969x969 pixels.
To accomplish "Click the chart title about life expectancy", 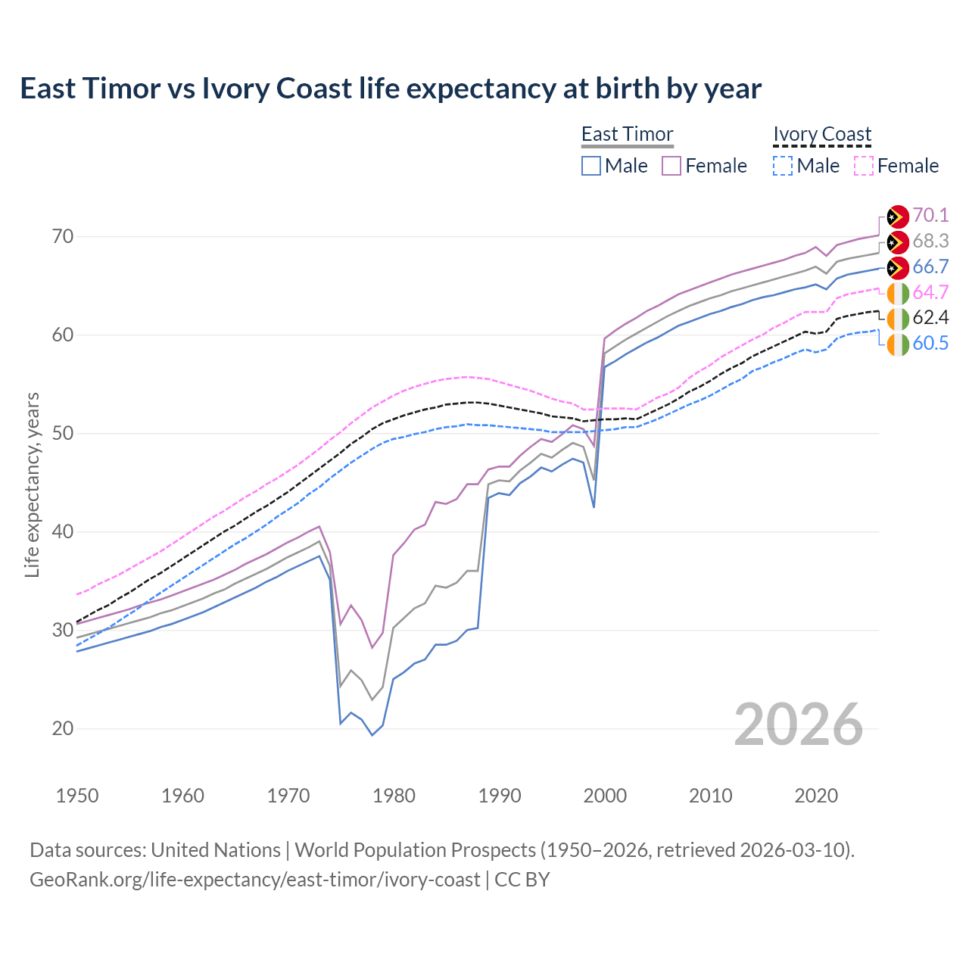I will point(391,89).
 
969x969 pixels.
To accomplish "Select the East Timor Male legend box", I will point(591,166).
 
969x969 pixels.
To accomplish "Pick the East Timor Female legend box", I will point(671,166).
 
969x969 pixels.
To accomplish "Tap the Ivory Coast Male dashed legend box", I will point(783,166).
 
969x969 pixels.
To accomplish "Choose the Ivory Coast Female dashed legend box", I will point(864,166).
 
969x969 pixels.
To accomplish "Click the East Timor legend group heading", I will point(627,134).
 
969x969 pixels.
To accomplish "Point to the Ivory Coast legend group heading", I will point(822,134).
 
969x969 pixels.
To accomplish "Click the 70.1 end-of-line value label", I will point(930,216).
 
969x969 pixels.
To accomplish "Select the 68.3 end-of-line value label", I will point(930,241).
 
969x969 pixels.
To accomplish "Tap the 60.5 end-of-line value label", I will point(930,344).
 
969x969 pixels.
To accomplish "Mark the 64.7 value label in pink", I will point(930,293).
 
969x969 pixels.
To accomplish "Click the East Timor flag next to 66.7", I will point(898,267).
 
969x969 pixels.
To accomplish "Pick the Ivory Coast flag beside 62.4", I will point(898,319).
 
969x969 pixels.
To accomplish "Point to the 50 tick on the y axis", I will point(63,434).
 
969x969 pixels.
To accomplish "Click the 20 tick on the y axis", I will point(63,729).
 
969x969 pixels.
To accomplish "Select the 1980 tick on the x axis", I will point(394,796).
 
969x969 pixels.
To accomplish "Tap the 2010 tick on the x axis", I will point(710,796).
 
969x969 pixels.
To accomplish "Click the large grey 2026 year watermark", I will point(798,724).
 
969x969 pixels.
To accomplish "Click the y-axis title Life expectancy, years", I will point(32,484).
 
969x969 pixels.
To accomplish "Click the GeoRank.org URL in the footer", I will point(254,880).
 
